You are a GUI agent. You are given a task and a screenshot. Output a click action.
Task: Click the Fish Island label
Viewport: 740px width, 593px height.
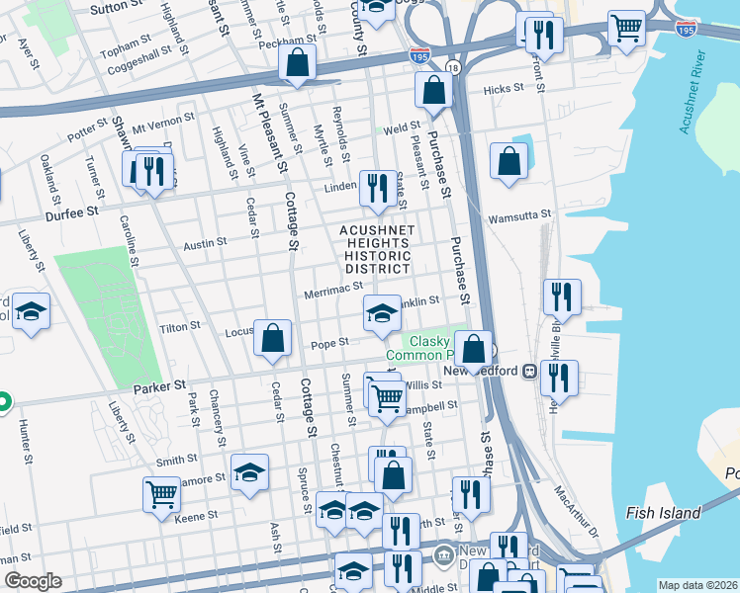pos(663,513)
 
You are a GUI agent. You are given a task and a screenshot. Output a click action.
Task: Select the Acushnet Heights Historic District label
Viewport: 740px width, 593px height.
pos(376,249)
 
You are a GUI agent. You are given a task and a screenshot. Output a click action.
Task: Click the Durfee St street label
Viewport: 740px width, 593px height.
pos(70,212)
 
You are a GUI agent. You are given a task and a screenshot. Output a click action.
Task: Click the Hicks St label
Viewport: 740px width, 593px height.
pos(503,89)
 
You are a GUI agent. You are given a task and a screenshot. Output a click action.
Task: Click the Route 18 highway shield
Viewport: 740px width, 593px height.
pos(453,67)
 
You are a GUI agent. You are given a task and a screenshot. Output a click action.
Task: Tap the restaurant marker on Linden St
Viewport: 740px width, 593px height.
pos(376,187)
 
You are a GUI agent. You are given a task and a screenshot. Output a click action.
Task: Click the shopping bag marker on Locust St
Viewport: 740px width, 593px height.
pos(272,338)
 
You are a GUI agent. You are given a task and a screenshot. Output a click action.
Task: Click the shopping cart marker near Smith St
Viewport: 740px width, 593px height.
pos(161,493)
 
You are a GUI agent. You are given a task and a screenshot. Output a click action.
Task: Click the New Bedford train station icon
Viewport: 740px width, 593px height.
pos(529,371)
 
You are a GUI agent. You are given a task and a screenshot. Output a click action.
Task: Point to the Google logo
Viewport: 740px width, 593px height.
pos(33,581)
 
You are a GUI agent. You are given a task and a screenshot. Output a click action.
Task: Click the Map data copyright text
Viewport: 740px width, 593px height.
pos(696,585)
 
